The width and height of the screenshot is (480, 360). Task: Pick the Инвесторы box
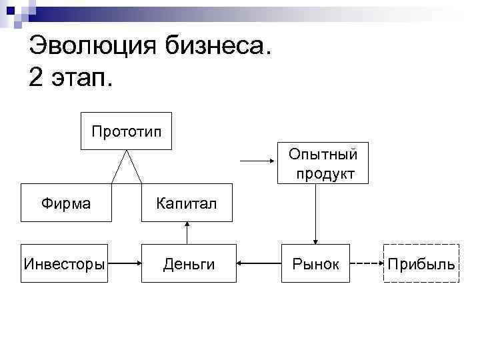(64, 264)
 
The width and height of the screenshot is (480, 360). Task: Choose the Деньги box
(189, 264)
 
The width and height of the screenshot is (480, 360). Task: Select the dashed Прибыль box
(422, 264)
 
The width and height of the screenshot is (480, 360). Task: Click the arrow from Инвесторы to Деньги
(124, 264)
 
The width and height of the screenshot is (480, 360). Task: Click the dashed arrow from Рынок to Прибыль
(366, 264)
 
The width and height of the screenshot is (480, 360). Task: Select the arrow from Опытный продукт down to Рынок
(316, 213)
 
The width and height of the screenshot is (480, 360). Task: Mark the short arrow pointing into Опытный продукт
(257, 161)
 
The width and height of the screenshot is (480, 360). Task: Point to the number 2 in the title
(37, 78)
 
